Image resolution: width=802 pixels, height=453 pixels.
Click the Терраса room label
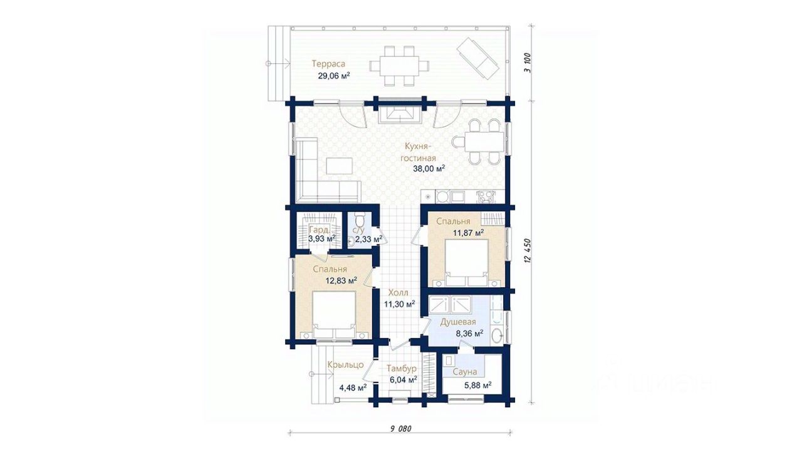point(328,64)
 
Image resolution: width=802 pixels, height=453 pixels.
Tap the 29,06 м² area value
point(334,76)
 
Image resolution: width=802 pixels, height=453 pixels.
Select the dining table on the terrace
point(399,66)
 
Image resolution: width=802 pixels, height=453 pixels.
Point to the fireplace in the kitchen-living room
point(400,115)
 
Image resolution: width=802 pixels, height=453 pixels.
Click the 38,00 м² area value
point(429,169)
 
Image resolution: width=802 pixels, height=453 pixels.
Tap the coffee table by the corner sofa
point(89,166)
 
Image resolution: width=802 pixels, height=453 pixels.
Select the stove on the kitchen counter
point(486,196)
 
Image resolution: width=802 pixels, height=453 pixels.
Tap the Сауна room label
point(465,372)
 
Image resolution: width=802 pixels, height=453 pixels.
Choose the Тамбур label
point(402,369)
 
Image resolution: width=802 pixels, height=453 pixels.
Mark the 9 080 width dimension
point(400,429)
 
